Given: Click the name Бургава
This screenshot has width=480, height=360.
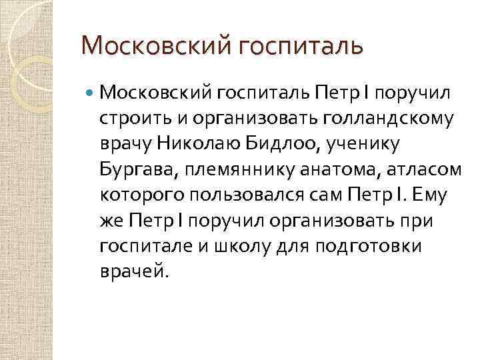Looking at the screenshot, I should pos(138,170).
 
